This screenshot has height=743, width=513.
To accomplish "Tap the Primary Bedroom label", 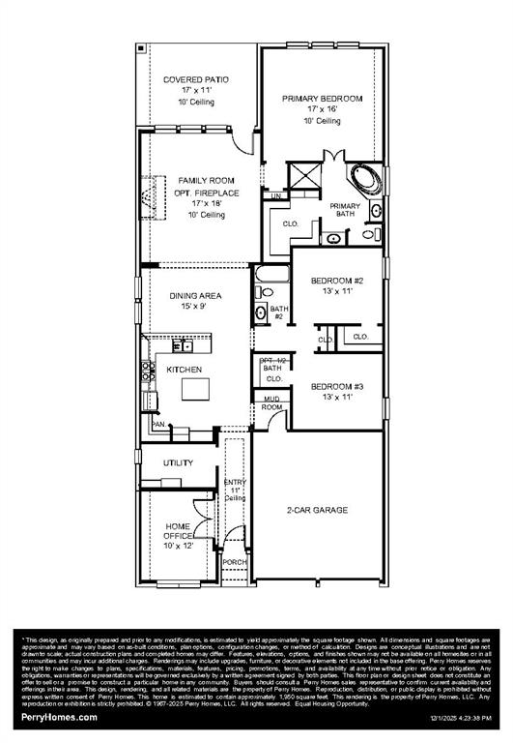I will pos(322,99).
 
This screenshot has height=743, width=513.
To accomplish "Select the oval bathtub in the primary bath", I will pos(364,180).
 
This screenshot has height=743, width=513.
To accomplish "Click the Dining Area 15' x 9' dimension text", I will pos(196,307).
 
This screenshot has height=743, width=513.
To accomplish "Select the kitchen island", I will pos(197,388).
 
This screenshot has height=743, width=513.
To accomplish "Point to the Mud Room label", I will pos(272,402).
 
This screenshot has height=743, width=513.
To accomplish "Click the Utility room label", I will pos(178,462).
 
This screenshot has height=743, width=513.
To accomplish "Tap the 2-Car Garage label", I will pos(316,510).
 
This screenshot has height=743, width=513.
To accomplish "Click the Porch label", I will pos(235,562).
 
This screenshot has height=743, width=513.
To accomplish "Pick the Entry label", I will pos(235,482).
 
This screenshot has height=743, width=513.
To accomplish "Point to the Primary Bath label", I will pos(344,210).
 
